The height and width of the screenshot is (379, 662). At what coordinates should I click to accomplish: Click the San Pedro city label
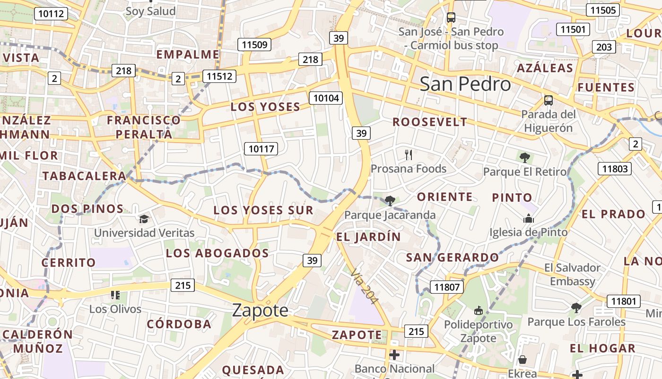click(x=465, y=84)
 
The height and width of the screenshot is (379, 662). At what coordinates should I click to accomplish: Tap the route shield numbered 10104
click(x=325, y=98)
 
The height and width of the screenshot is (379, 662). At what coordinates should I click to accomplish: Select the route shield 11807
click(x=447, y=287)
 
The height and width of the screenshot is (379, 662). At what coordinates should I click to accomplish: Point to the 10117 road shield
click(x=261, y=149)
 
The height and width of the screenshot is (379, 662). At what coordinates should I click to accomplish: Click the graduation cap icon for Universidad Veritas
click(x=144, y=219)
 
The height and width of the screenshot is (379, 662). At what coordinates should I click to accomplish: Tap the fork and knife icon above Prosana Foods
click(x=409, y=154)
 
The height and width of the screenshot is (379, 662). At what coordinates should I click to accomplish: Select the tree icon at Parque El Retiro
click(x=524, y=157)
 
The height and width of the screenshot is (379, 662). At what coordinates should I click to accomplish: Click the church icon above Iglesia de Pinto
click(x=528, y=218)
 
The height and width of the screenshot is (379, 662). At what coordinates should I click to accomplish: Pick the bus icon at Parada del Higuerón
click(x=549, y=100)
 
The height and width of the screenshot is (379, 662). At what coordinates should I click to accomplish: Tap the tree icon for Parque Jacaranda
click(x=390, y=201)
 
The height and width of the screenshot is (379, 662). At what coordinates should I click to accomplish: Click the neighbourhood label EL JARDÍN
click(x=368, y=236)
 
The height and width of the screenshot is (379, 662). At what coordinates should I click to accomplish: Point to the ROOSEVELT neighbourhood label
click(x=430, y=122)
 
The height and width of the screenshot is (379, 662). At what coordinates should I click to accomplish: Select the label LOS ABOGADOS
click(x=217, y=253)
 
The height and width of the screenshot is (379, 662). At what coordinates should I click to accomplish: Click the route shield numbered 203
click(x=604, y=47)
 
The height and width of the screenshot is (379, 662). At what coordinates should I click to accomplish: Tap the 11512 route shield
click(x=219, y=76)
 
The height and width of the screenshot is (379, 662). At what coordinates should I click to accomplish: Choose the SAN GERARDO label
click(x=453, y=258)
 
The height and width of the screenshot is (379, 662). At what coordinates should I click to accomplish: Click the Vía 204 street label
click(x=364, y=286)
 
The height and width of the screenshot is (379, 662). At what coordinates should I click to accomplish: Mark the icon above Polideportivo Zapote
click(x=478, y=311)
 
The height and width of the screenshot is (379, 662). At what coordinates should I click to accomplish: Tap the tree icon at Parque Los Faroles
click(x=576, y=308)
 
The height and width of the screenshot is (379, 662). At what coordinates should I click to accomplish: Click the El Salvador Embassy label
click(x=572, y=274)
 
